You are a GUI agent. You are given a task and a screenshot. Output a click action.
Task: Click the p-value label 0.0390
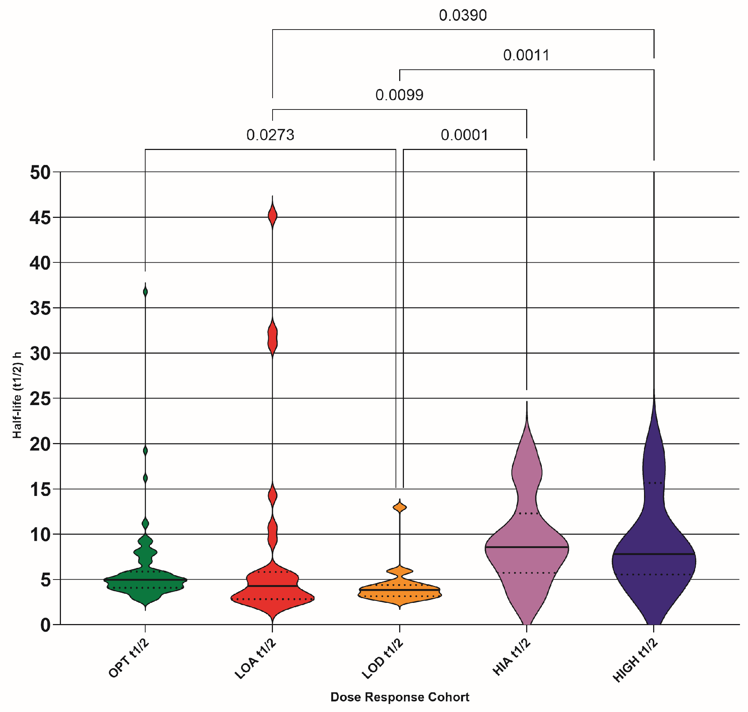coord(463,16)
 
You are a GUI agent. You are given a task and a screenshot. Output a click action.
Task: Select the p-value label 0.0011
coord(526,55)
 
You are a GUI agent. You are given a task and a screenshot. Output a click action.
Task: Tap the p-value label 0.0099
coord(399,95)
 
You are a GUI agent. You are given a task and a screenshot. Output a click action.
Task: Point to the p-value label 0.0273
coord(270,135)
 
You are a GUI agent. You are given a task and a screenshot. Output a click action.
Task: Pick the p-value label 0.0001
coord(464,135)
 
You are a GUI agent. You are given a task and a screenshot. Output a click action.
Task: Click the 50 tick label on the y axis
coord(40,173)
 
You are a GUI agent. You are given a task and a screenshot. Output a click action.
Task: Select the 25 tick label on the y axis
coord(40,399)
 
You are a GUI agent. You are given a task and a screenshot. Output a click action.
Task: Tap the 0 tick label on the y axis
coord(45,625)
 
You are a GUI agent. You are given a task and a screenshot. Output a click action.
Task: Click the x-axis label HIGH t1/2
coord(635,661)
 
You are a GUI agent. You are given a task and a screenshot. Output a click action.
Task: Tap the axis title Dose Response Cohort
coord(400,697)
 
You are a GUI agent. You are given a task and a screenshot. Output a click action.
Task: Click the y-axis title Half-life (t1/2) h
coord(17,395)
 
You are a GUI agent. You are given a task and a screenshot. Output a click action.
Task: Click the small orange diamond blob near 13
coord(400,507)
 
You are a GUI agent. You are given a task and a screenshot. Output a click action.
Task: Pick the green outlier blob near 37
coord(145,292)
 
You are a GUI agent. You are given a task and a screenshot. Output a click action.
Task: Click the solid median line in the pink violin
coord(527,547)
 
